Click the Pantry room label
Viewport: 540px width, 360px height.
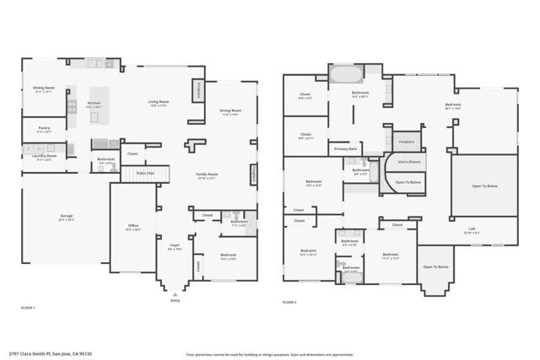(x=44, y=130)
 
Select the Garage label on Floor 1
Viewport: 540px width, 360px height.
(x=65, y=218)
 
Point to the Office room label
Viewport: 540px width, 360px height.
(x=132, y=227)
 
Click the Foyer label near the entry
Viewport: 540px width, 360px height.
(x=175, y=248)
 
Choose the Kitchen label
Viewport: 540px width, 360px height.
(x=94, y=105)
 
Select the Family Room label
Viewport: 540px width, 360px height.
(x=207, y=176)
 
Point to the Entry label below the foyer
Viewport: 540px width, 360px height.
(x=175, y=299)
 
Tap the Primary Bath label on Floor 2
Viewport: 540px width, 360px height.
(x=346, y=148)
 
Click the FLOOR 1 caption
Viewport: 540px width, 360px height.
(x=28, y=309)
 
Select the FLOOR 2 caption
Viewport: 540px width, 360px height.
(x=289, y=302)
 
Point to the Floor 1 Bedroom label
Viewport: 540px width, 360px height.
(x=228, y=256)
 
